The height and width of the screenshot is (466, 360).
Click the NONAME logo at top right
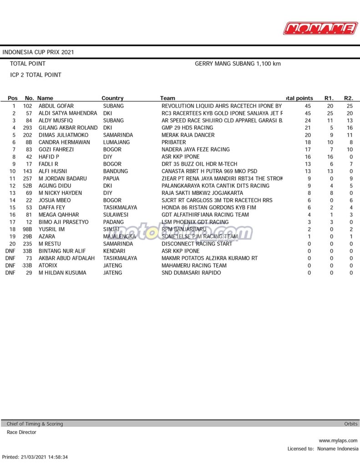320,28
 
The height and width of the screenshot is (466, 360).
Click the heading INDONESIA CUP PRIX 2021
38,52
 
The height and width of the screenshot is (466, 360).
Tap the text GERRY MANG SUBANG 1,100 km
238,64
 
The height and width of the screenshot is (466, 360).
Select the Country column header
112,98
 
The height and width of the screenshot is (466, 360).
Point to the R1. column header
329,98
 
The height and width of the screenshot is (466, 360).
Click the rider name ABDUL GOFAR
56,106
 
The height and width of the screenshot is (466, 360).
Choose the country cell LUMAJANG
116,142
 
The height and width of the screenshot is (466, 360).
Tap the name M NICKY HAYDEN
60,193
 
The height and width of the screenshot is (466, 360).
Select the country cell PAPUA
111,178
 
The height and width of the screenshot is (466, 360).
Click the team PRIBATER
173,142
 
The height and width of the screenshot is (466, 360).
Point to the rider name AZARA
47,237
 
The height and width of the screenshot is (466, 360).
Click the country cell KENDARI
114,251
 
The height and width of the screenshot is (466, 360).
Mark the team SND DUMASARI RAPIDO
191,273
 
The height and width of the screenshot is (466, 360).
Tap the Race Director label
21,432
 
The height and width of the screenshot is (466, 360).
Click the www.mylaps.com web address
338,441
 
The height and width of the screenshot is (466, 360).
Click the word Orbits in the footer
350,424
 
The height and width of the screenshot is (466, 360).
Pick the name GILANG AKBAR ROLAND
68,128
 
